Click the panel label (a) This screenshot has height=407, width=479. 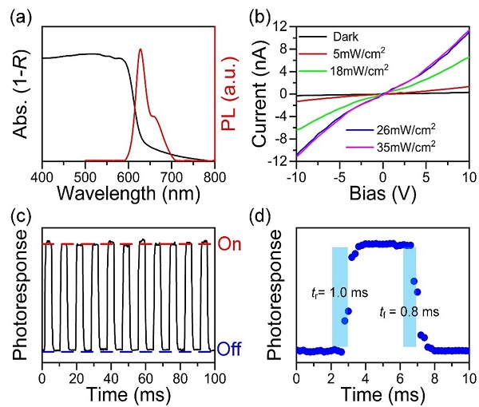(19, 14)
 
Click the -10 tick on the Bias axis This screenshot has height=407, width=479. (298, 175)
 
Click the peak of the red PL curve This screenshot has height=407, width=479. (141, 49)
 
